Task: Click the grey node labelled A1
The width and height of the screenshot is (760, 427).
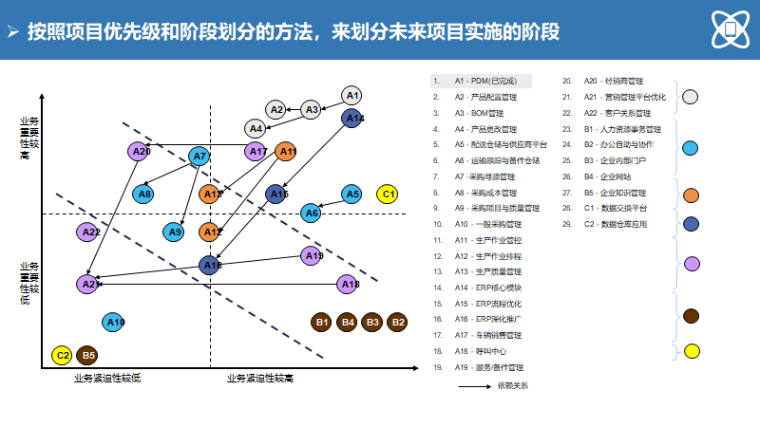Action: pos(351,95)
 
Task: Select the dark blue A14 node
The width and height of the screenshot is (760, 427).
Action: pos(353,118)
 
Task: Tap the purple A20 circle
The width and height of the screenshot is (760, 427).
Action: pos(141,151)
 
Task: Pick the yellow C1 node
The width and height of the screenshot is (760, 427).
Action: pos(387,195)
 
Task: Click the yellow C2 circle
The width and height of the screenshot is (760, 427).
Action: pos(63,356)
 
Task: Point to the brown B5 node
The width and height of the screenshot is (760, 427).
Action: pos(88,356)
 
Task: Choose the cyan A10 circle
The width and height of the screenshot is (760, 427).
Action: pos(114,323)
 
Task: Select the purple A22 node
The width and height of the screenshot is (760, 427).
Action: pos(89,232)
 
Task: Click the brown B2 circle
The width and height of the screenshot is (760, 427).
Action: pos(397,323)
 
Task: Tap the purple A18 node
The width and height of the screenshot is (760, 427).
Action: pos(349,284)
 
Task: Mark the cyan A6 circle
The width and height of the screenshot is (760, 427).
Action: pos(311,213)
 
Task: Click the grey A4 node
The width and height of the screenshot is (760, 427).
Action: pos(255,128)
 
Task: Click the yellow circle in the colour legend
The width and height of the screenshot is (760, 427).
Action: pos(692,350)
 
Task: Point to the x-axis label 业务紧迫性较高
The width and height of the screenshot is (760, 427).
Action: pos(260,379)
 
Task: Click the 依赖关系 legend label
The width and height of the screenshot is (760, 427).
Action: pos(511,385)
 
